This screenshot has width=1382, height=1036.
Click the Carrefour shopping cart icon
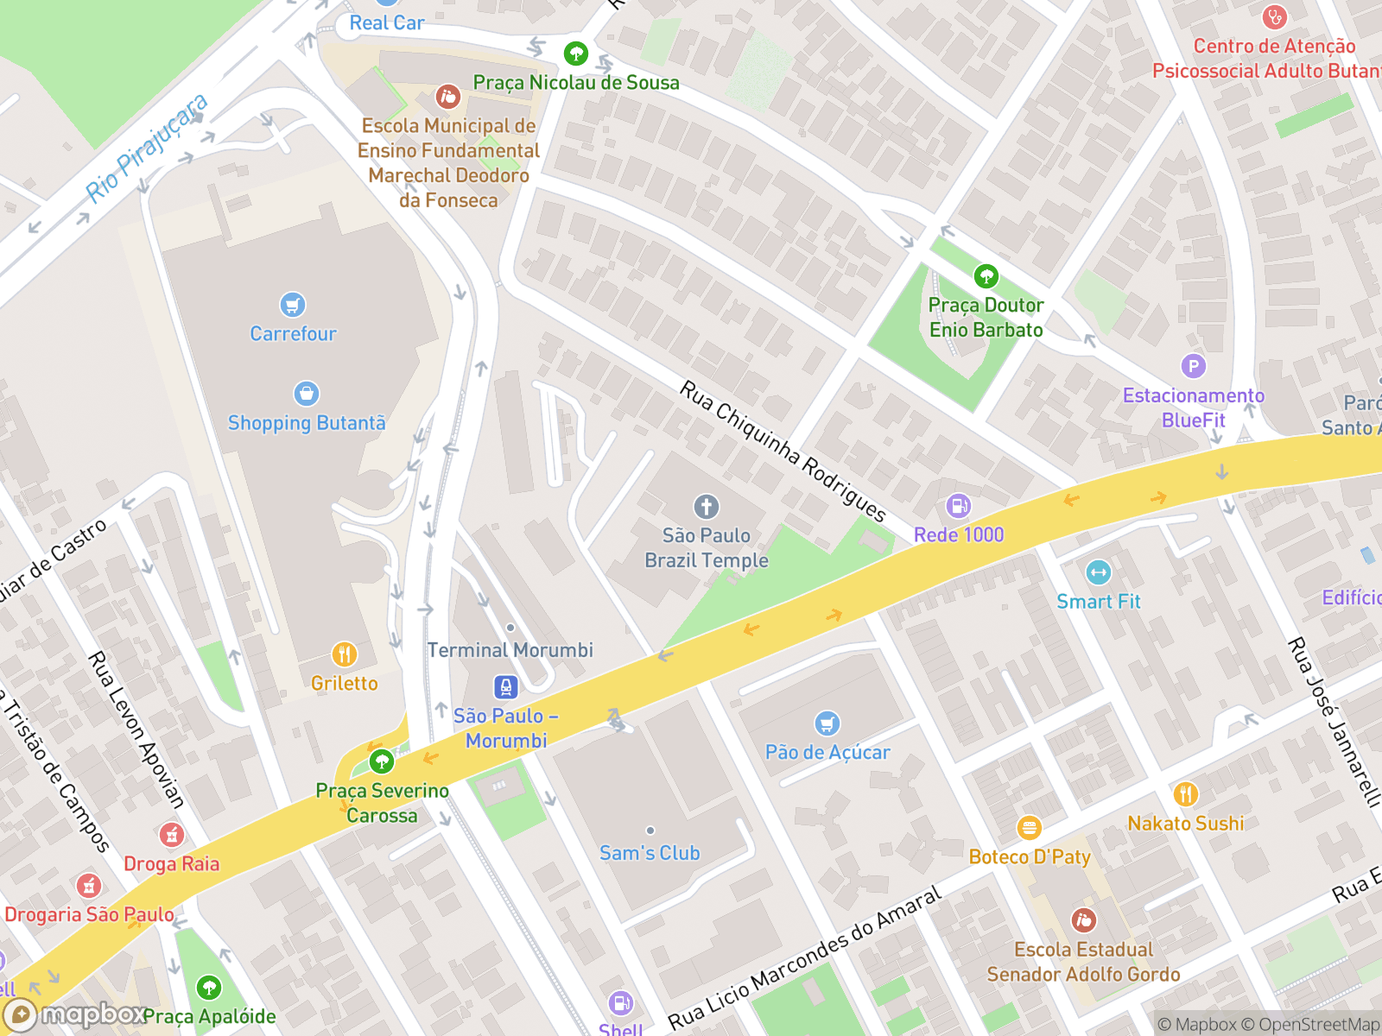point(293,305)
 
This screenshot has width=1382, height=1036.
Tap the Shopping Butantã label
point(307,423)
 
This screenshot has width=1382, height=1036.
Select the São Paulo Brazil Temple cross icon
point(706,507)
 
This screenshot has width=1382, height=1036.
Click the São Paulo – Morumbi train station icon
point(506,687)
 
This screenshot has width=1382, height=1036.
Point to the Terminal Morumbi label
point(510,650)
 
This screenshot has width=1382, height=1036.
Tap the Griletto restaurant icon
point(344,654)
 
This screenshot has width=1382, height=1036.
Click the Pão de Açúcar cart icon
point(827,723)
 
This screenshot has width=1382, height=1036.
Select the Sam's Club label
point(650,853)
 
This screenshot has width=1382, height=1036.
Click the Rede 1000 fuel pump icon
point(958,506)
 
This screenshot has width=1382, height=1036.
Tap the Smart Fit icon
point(1098,572)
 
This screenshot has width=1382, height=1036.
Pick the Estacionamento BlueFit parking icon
point(1193,366)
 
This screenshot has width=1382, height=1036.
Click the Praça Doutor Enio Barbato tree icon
point(986,276)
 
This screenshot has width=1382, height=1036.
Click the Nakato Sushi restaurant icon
point(1185,794)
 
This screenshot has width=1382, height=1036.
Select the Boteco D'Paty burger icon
point(1029,828)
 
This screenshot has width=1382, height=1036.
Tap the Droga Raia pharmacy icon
point(171,835)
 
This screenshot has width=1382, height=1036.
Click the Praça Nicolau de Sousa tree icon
point(575,54)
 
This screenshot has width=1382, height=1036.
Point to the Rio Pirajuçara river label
point(148,148)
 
